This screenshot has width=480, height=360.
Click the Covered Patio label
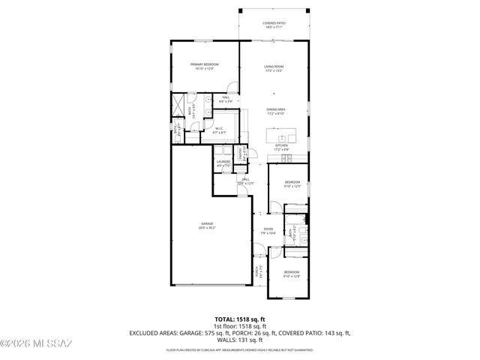[x=273, y=24]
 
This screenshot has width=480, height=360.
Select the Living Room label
[x=273, y=68]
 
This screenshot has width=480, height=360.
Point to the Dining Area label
[x=276, y=112]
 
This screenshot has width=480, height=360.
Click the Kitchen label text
[x=280, y=148]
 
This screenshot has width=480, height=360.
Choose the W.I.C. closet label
[x=220, y=130]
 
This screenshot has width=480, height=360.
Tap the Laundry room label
[x=223, y=163]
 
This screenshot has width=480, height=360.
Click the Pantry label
[x=239, y=155]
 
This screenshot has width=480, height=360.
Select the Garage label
[x=207, y=225]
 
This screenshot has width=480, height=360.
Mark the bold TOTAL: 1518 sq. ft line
[x=239, y=319]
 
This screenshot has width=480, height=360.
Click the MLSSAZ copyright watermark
[x=36, y=344]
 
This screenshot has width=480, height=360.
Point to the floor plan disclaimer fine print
[x=240, y=349]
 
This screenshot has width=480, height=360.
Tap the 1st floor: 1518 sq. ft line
[x=240, y=325]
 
